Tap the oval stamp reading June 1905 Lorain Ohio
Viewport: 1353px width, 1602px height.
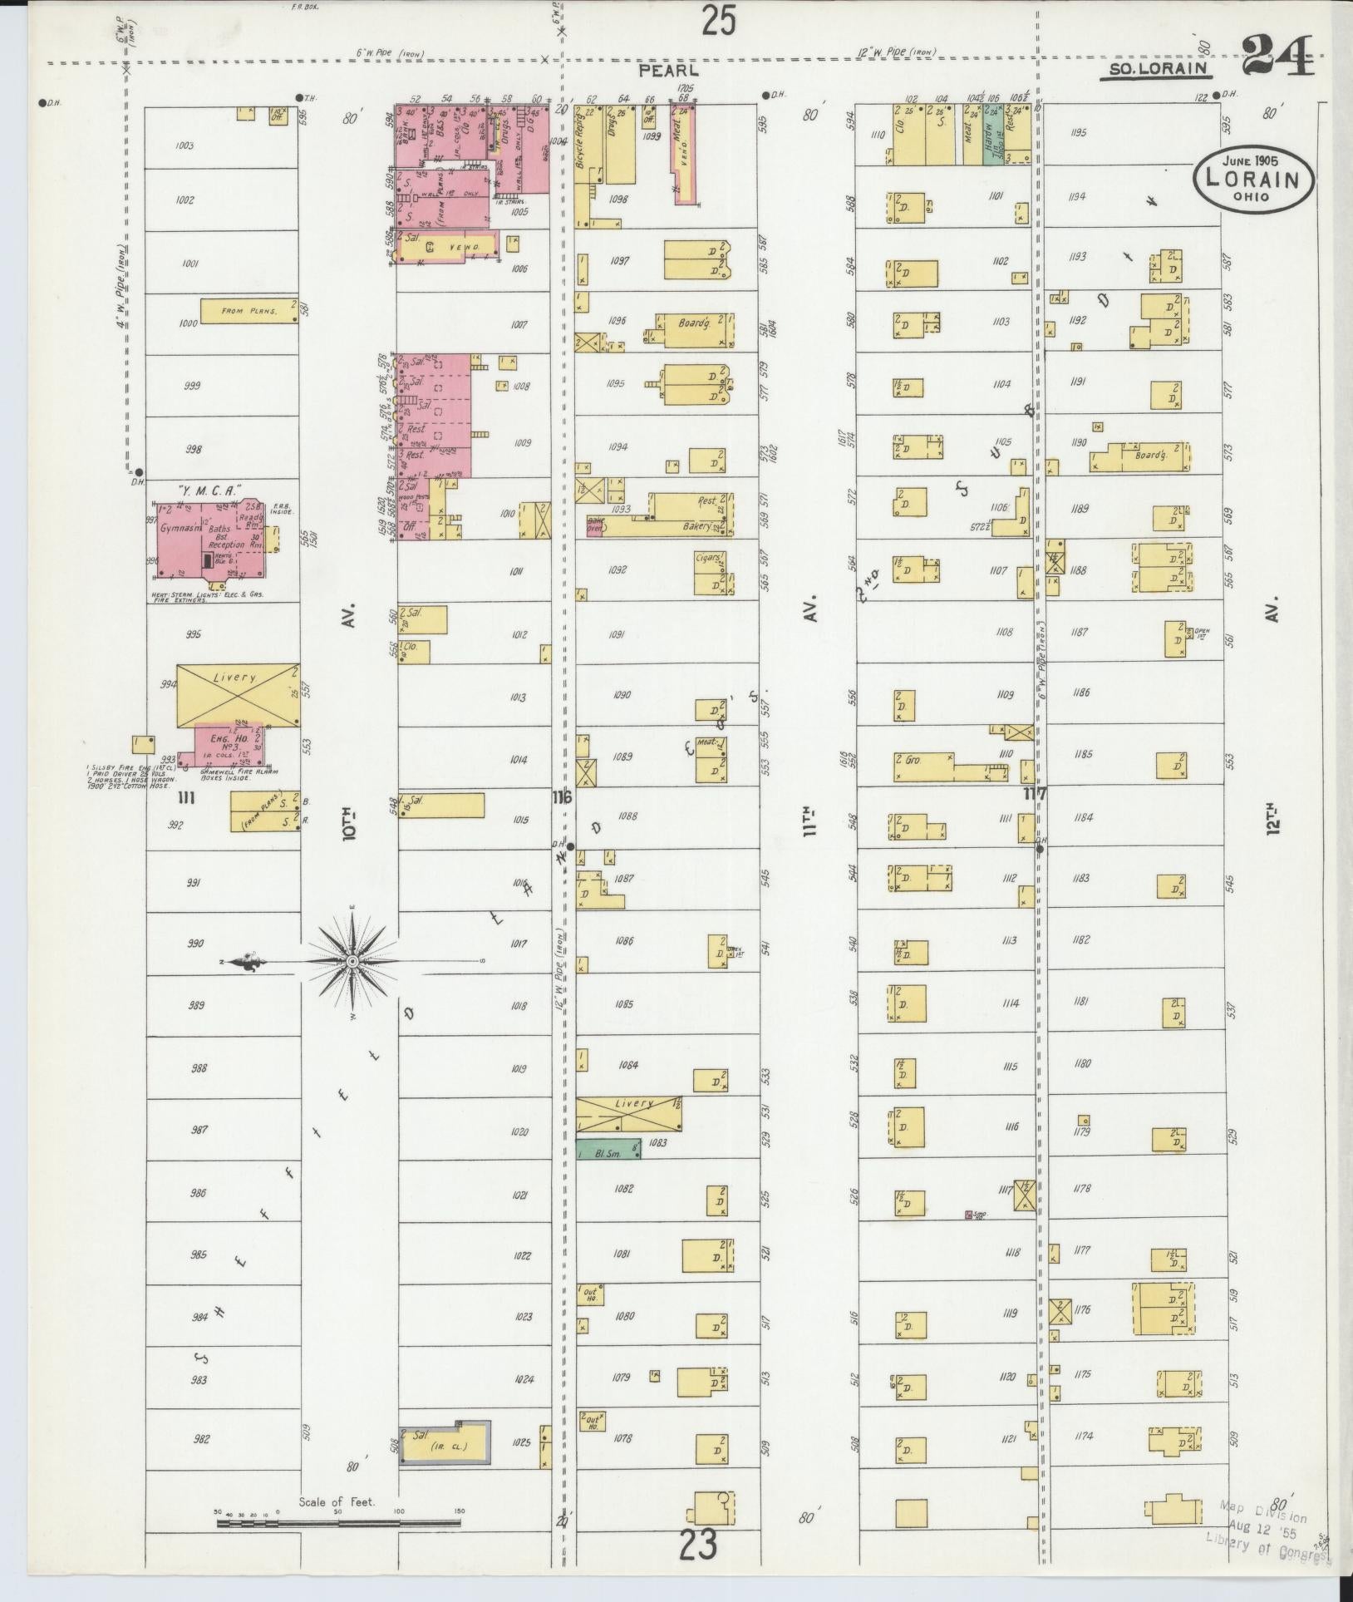tap(1253, 176)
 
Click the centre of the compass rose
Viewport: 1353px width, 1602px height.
tap(352, 961)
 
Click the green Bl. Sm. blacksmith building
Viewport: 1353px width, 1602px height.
tap(608, 1149)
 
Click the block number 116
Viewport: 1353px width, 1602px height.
tap(562, 798)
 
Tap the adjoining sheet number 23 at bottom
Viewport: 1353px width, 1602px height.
tap(700, 1547)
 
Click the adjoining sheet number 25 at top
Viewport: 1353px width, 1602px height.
tap(717, 21)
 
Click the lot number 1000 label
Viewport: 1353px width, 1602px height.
tap(188, 322)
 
